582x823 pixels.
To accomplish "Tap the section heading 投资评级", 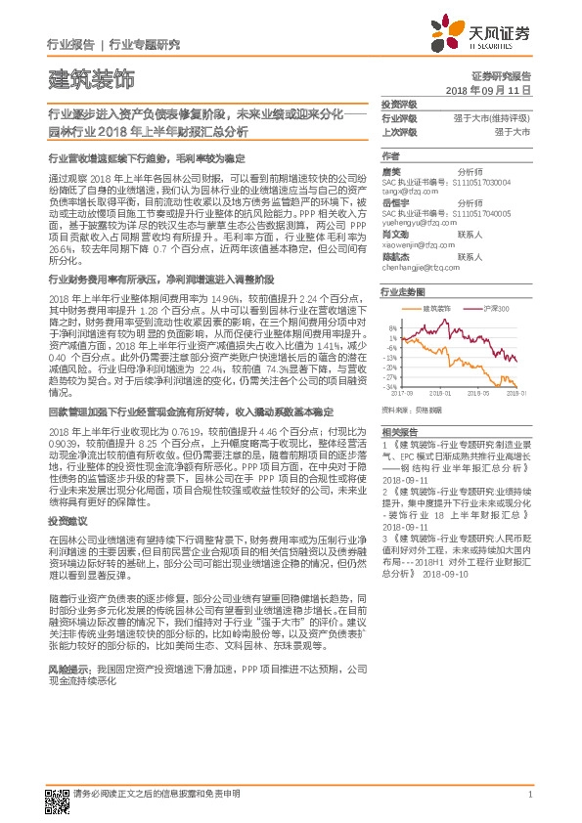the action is tap(398, 104).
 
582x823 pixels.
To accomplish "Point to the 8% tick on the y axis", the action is tap(392, 327).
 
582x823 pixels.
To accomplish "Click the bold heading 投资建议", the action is tap(65, 523).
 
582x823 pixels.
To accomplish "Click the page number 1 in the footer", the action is tap(529, 795).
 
